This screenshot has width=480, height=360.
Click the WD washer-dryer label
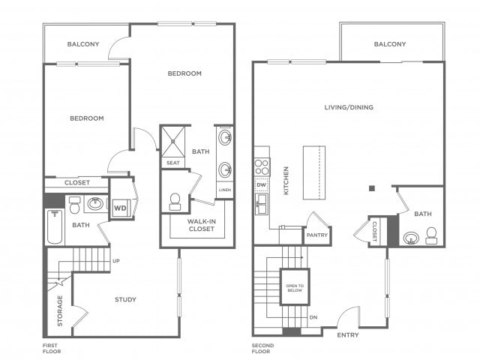120,208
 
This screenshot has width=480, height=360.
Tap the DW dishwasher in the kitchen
262,185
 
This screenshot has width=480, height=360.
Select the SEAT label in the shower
173,163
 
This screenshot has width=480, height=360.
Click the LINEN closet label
225,190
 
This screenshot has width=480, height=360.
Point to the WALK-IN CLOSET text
202,225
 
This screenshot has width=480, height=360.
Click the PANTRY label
317,235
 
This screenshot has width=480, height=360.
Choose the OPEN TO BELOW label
295,288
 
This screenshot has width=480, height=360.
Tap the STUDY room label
125,299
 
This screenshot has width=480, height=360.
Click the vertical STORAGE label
60,310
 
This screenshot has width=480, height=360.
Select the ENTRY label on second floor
348,335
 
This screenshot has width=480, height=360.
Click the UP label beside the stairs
116,261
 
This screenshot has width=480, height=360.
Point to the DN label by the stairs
313,317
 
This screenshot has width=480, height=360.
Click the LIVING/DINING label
349,107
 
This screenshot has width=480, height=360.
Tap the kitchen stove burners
262,166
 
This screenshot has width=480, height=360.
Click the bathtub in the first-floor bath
55,226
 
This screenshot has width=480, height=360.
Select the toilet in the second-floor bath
432,235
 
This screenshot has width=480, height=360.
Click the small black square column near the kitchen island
372,188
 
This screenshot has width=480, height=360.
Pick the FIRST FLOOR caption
52,348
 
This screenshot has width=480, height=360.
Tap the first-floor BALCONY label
83,44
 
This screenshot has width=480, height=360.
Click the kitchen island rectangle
314,172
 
